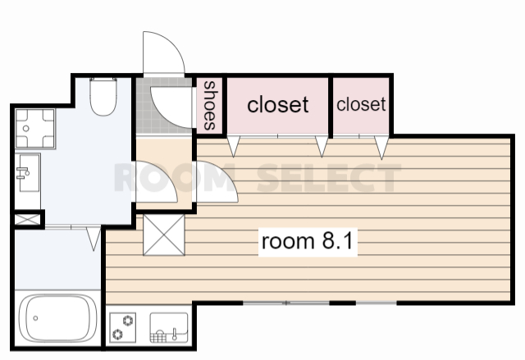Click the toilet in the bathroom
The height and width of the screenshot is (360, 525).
pyautogui.click(x=103, y=97)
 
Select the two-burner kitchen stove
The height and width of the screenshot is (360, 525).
pyautogui.click(x=123, y=327)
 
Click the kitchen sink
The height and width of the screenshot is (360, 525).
pyautogui.click(x=169, y=327)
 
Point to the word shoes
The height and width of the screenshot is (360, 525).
pyautogui.click(x=210, y=106)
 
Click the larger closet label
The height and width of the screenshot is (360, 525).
pyautogui.click(x=277, y=104)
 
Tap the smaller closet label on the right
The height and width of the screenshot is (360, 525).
pyautogui.click(x=361, y=104)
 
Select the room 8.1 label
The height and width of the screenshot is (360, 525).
pyautogui.click(x=308, y=241)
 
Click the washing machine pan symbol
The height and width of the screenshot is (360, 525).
pyautogui.click(x=35, y=129)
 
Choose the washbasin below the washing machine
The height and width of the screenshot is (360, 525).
pyautogui.click(x=28, y=173)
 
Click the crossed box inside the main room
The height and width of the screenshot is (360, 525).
pyautogui.click(x=164, y=235)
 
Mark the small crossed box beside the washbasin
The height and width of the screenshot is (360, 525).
pyautogui.click(x=27, y=220)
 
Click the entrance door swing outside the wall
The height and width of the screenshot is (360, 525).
pyautogui.click(x=163, y=53)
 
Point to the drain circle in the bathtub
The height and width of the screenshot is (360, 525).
pyautogui.click(x=35, y=318)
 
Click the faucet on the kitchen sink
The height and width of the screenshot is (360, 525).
pyautogui.click(x=174, y=335)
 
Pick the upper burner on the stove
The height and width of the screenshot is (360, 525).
pyautogui.click(x=128, y=321)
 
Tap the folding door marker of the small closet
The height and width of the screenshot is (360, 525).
pyautogui.click(x=381, y=148)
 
